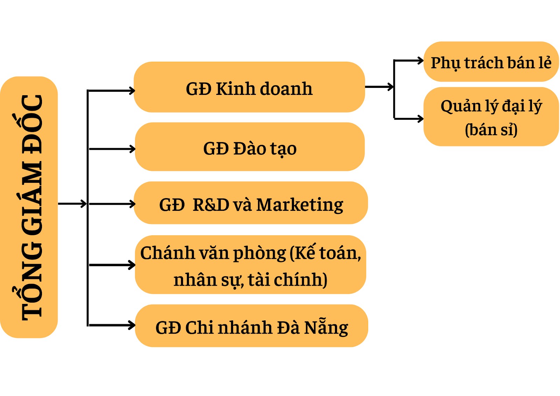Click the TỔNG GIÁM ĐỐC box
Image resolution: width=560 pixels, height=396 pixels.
[29, 207]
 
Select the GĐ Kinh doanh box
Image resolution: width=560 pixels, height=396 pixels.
[249, 87]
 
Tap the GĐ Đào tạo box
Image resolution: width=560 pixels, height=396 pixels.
[250, 147]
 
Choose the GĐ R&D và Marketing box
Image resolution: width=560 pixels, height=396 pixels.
[251, 203]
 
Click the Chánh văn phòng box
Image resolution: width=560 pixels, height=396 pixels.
[251, 265]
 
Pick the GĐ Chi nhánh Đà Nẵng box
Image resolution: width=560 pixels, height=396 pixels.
[251, 326]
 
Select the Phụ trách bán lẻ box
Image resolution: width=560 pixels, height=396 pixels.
[491, 62]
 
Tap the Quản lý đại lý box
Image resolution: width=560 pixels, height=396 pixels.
[491, 117]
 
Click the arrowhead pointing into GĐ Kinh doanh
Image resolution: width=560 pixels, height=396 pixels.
[132, 91]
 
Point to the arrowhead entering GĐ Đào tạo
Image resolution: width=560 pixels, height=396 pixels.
[132, 149]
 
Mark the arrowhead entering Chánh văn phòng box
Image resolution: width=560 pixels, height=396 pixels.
[132, 265]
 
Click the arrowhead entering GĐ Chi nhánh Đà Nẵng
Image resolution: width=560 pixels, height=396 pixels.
[132, 325]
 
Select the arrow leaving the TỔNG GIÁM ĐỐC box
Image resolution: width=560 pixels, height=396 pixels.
[72, 203]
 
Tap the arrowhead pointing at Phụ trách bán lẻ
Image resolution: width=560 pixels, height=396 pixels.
[421, 61]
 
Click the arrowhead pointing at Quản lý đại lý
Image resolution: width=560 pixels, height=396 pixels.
[421, 119]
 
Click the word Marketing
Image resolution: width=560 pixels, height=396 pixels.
[300, 205]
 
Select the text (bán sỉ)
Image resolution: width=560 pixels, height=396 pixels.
[491, 130]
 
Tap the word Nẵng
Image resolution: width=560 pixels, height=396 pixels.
[326, 327]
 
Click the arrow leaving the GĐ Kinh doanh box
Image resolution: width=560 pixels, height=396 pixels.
[379, 87]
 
